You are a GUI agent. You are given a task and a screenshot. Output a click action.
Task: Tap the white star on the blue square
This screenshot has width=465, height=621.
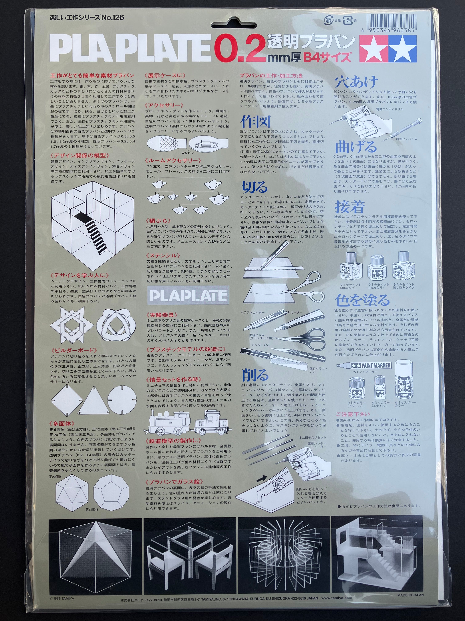403,49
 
